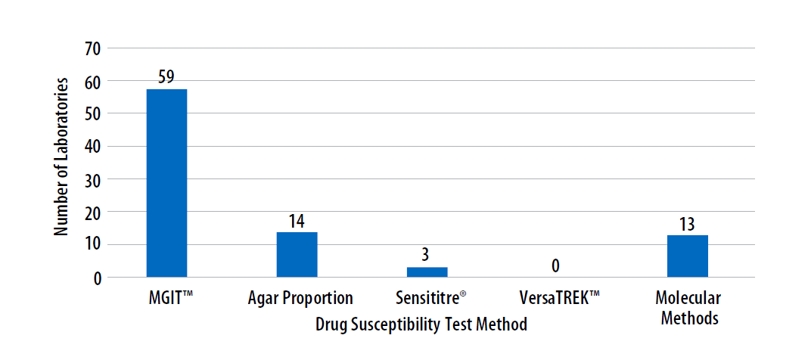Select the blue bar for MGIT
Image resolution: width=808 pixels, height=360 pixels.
click(166, 183)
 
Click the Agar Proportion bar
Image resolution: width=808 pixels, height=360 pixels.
click(297, 255)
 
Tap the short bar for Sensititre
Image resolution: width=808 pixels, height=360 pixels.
click(427, 272)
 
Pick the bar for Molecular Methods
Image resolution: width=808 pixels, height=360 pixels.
click(687, 256)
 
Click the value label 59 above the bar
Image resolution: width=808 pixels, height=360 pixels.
click(166, 77)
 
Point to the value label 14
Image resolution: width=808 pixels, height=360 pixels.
click(297, 221)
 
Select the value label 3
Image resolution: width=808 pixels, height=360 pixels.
click(427, 255)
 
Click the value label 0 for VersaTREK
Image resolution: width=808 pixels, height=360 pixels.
click(556, 266)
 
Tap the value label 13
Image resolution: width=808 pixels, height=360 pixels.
click(687, 224)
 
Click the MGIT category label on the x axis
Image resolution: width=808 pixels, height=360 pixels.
click(167, 297)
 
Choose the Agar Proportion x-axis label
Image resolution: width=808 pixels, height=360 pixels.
click(300, 297)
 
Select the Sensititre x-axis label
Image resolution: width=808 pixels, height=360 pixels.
click(430, 297)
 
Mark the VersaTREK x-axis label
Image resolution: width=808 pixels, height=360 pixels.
click(560, 297)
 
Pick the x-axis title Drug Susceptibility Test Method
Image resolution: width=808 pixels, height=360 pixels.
click(421, 324)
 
